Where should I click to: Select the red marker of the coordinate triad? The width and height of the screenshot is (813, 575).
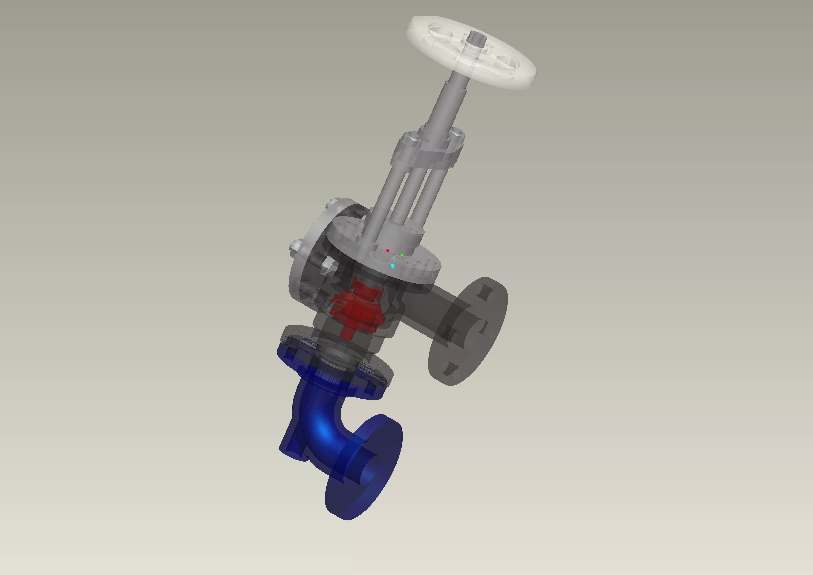(388, 250)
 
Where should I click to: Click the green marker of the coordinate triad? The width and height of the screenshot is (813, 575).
(402, 255)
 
